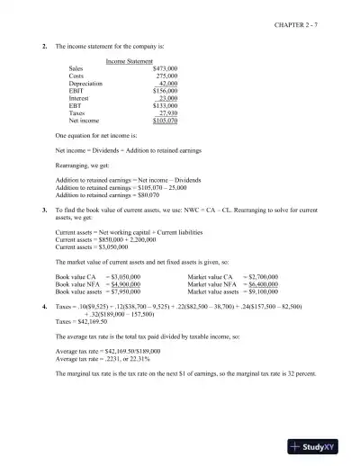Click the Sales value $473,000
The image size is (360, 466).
pos(165,68)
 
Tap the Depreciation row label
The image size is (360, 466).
pos(86,83)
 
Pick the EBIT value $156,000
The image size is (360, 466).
pos(165,90)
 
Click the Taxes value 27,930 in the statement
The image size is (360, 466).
pos(168,112)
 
